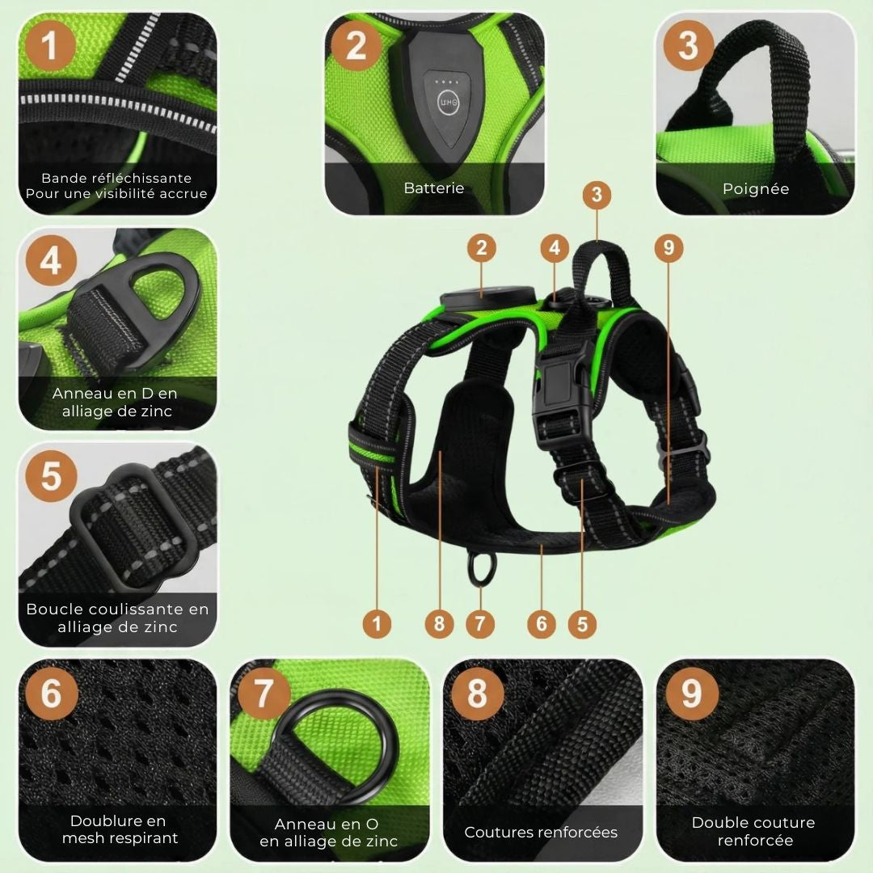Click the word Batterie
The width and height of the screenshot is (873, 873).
(434, 188)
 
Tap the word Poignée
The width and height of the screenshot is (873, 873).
(756, 189)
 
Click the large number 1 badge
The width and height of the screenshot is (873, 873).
(49, 46)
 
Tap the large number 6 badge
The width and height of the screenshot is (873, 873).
(51, 694)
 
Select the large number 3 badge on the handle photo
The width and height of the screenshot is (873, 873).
(689, 45)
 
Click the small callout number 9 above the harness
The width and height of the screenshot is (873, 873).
(668, 247)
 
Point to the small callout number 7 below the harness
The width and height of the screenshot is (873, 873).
(480, 623)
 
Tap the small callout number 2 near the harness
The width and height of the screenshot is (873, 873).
(482, 248)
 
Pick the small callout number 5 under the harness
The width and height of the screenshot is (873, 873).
(582, 624)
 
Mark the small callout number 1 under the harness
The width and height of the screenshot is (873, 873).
(377, 623)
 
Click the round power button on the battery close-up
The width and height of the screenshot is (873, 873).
(448, 103)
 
